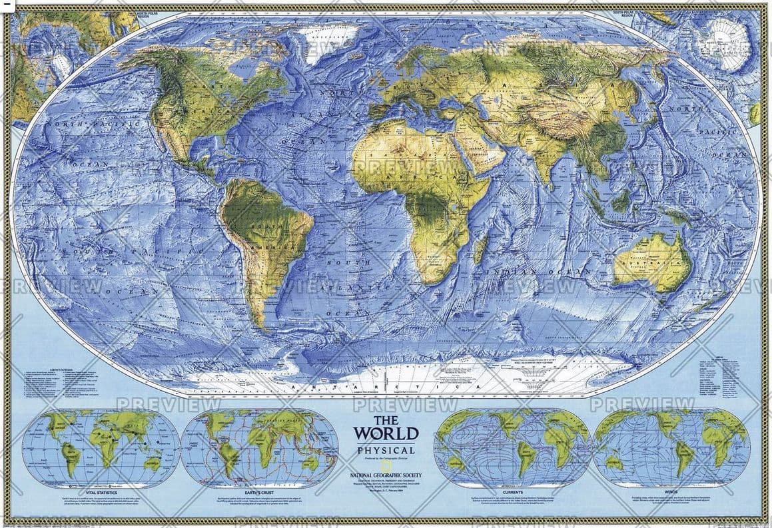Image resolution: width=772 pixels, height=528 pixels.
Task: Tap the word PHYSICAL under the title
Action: [386, 451]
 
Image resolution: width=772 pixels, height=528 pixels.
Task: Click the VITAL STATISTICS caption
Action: [101, 491]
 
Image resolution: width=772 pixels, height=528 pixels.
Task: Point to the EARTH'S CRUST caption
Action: [259, 491]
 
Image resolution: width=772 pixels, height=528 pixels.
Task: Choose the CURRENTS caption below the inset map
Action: [512, 491]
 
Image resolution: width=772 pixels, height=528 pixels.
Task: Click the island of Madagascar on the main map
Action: [480, 249]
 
